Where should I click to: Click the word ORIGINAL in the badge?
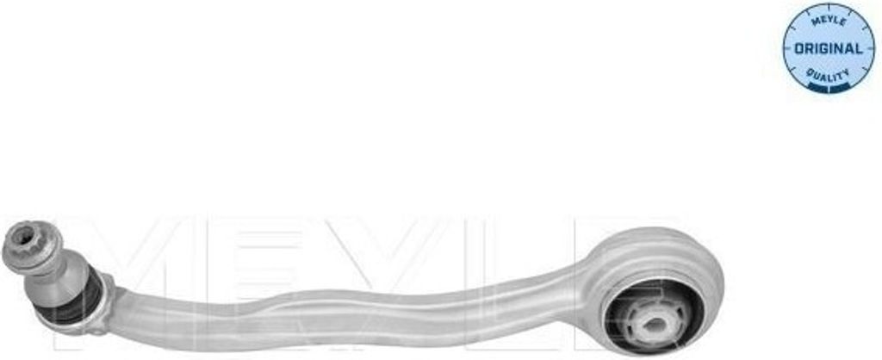pos(828,48)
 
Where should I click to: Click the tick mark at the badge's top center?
pos(829,8)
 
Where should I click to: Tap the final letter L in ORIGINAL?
pos(859,49)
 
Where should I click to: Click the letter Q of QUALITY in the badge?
pos(811,71)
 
